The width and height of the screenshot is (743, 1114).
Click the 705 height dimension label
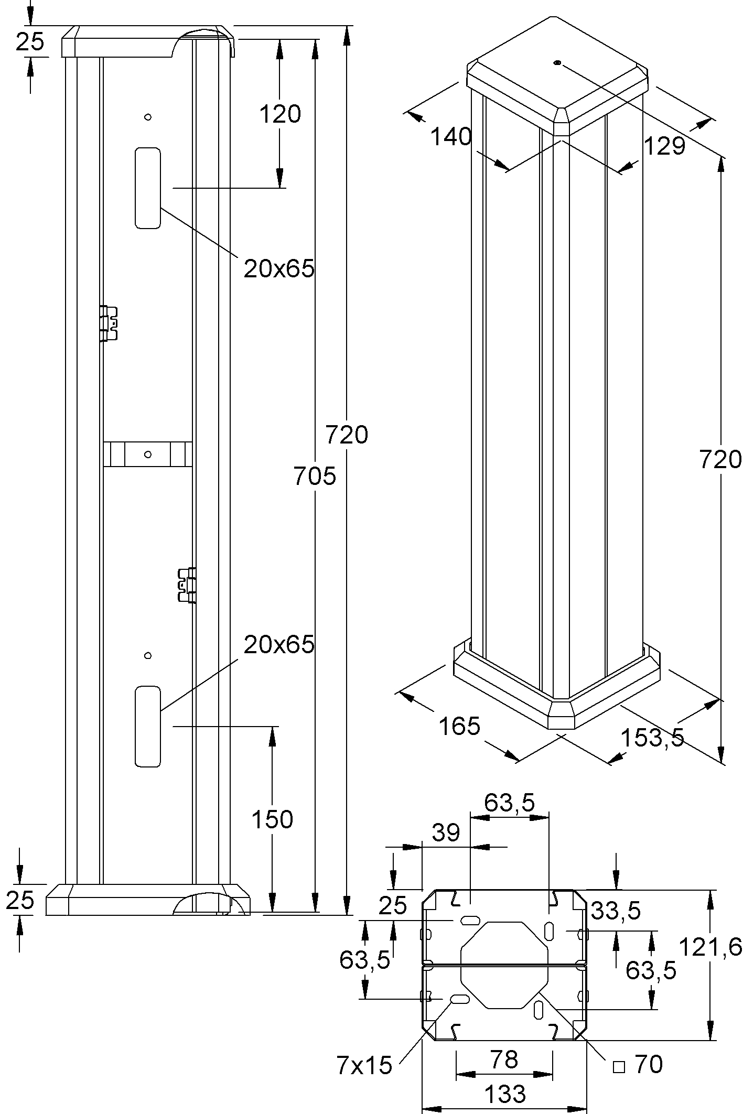[x=315, y=476]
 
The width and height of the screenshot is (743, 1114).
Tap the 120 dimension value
[x=280, y=114]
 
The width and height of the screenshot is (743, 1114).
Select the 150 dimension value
[x=272, y=819]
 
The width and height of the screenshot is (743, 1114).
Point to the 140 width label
[x=451, y=137]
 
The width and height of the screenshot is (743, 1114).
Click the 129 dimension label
[x=664, y=146]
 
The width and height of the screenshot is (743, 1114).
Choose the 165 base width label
[x=459, y=726]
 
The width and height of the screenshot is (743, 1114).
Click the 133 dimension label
[x=504, y=1094]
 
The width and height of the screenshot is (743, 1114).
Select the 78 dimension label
[x=505, y=1059]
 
